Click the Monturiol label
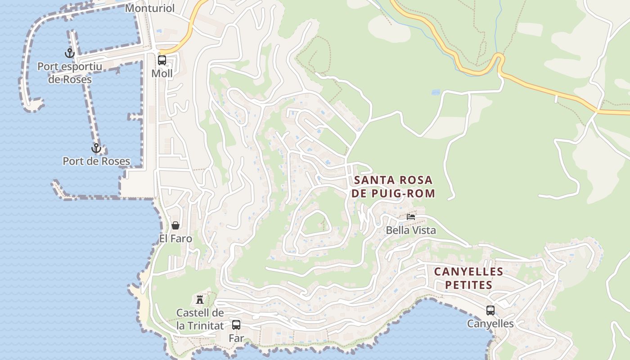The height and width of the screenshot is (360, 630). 149,8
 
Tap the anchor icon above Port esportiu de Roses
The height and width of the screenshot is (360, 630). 70,53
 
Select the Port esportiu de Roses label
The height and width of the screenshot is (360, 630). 70,73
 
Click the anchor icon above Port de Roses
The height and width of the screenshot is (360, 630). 96,148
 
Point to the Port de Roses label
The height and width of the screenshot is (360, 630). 96,161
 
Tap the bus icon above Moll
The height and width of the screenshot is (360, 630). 162,60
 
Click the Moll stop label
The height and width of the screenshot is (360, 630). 162,73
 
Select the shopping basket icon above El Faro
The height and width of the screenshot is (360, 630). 175,225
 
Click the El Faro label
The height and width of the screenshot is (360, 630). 175,238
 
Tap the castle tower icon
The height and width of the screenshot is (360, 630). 200,299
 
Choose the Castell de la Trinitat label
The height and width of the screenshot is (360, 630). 200,319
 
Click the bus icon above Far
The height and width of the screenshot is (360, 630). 236,324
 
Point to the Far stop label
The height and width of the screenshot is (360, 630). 236,338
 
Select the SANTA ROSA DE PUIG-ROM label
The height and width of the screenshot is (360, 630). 394,187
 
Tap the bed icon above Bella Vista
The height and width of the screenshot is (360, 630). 411,217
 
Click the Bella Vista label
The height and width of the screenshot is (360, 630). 411,230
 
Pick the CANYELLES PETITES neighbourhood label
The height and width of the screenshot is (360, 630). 468,278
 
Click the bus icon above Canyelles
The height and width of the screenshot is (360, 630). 490,310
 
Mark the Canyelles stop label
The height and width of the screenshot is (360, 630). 490,324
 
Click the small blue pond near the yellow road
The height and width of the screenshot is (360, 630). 435,92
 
